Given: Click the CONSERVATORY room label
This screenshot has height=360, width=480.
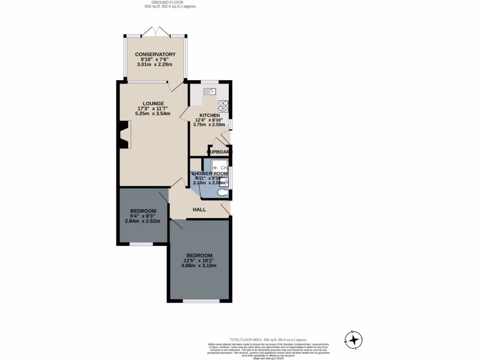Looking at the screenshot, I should [x=155, y=54].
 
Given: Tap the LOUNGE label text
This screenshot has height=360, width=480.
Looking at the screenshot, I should [x=153, y=104].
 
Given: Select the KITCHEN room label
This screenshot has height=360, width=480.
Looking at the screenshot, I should [x=209, y=115].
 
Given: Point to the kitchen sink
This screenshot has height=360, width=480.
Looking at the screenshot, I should [x=209, y=91].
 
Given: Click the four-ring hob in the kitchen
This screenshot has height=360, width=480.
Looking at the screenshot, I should [x=223, y=105].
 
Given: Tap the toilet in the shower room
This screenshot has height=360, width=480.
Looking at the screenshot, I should [x=223, y=192].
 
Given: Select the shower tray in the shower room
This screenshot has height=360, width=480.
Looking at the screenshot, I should [x=219, y=166].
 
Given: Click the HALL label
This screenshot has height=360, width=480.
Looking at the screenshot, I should [x=200, y=210].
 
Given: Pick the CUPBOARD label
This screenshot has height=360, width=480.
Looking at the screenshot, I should [x=219, y=152].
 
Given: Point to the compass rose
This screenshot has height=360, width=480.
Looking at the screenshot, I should [x=354, y=339].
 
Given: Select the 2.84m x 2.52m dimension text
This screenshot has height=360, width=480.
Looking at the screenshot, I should [x=142, y=221].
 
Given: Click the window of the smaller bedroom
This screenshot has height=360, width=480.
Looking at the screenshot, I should [x=141, y=244].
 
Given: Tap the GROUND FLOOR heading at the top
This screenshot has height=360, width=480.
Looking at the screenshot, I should [x=170, y=2].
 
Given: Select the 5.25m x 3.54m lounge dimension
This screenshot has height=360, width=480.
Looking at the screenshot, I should [x=153, y=113].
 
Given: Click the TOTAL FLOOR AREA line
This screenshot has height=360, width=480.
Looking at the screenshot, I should [x=268, y=339].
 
